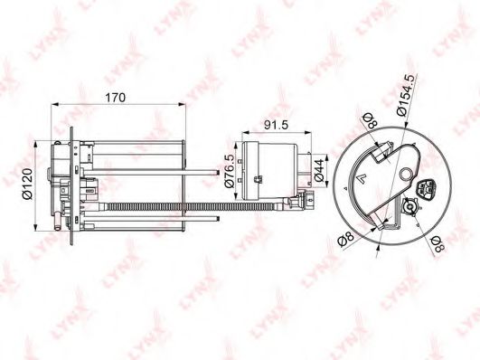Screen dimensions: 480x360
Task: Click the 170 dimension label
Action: point(116,98)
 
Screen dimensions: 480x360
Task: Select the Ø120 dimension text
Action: point(28,184)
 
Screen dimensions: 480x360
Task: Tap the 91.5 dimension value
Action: point(276,125)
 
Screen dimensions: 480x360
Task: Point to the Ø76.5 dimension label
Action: point(230,171)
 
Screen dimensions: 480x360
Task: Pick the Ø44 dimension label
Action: point(319,170)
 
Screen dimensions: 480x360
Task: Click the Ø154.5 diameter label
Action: point(407,95)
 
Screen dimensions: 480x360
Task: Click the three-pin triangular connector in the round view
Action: point(426,189)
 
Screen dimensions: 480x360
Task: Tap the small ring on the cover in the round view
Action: point(407,175)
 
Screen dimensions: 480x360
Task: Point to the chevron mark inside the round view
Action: point(362,177)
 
